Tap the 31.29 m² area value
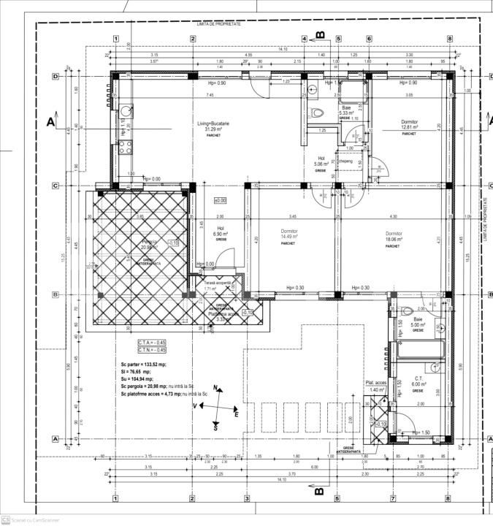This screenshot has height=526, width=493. click(213, 129)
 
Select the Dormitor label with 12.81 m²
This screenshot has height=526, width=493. click(409, 122)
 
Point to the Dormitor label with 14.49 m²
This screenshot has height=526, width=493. click(290, 231)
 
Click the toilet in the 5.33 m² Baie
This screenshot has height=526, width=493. click(316, 113)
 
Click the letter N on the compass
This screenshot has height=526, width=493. click(215, 387)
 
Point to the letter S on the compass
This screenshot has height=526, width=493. click(216, 428)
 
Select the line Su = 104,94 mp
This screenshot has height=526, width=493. click(137, 379)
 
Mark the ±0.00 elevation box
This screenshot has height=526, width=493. click(220, 200)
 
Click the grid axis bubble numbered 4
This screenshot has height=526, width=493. click(305, 39)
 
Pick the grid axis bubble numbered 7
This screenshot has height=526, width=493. click(393, 499)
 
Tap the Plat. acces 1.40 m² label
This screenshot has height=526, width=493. click(377, 386)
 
